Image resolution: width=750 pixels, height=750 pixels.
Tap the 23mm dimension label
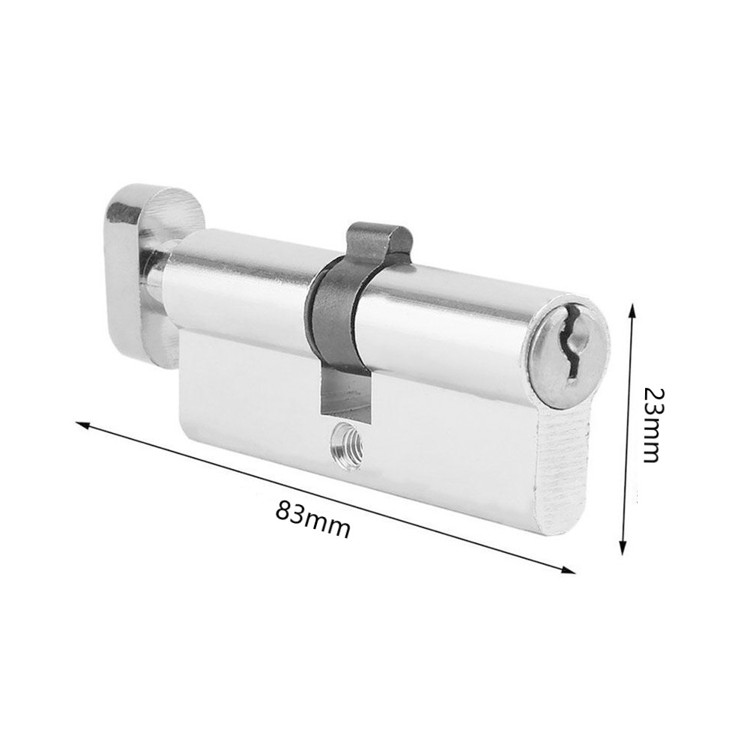point(650,425)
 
